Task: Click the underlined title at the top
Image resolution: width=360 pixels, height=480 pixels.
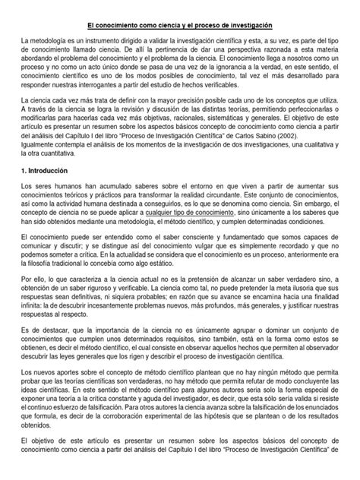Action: (x=180, y=26)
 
